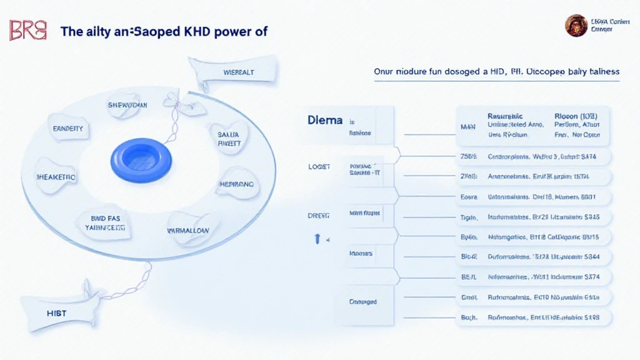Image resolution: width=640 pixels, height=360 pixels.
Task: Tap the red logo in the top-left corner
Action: coord(28,30)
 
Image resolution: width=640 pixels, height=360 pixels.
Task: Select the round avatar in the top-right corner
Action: coord(576,26)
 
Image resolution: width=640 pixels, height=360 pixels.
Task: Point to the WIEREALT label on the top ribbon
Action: coord(239,72)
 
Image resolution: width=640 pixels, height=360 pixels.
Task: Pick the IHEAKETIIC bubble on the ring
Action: coord(56,177)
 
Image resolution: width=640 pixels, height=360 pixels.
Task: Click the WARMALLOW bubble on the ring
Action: coord(191,231)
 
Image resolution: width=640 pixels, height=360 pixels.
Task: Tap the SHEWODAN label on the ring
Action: coord(127,105)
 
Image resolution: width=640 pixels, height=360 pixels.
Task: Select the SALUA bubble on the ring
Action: coord(229,138)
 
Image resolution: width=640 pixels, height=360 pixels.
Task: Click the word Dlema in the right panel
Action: coord(324,119)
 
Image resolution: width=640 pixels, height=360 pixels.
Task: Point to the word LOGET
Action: coord(319,167)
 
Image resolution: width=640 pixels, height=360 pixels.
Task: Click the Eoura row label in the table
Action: coord(468,197)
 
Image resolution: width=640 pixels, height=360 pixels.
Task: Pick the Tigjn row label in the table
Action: coord(469,217)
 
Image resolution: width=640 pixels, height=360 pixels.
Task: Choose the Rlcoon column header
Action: coord(576,116)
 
